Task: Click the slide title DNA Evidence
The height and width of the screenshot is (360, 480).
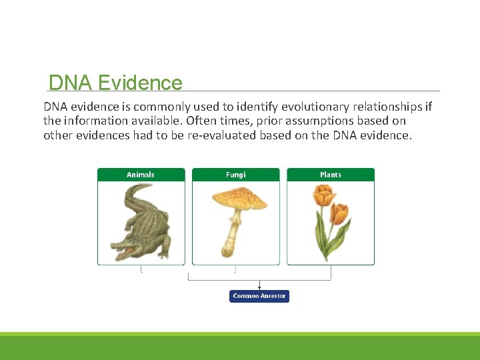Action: (115, 83)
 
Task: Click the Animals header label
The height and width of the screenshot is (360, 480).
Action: (141, 175)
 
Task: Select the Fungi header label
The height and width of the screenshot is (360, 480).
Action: (235, 175)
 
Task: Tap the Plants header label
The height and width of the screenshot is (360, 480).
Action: (331, 175)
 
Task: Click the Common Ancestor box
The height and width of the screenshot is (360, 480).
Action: (259, 296)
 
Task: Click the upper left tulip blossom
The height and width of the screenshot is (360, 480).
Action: (323, 195)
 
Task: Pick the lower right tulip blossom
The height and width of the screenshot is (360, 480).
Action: (339, 213)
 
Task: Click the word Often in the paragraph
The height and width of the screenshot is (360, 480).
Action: (201, 121)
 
